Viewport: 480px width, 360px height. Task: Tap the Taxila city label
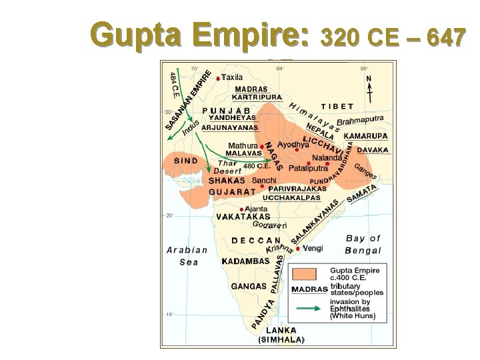[231, 77]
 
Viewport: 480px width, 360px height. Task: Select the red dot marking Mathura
[261, 146]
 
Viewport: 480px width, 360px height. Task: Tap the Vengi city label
[313, 248]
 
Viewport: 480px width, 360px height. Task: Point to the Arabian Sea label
[187, 256]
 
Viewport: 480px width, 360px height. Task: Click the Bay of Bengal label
[363, 244]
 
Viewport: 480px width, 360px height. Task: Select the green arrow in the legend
[309, 308]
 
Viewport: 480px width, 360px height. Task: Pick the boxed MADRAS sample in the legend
[309, 290]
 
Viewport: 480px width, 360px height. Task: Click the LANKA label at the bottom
[281, 330]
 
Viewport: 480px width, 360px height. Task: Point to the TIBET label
[337, 106]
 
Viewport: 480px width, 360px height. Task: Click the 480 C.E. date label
[255, 165]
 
